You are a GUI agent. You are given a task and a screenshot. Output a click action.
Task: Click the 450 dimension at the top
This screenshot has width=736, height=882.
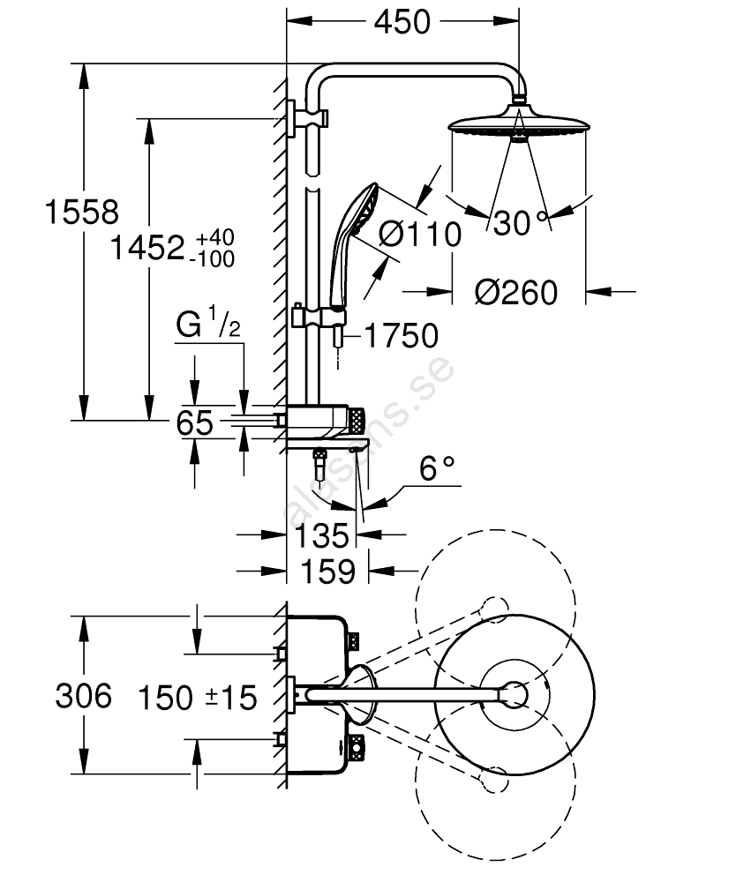point(402,21)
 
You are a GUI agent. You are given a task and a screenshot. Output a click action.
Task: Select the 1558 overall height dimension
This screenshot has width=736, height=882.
point(81,213)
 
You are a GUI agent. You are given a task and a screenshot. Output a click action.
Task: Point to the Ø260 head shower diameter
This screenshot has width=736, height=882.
point(516,290)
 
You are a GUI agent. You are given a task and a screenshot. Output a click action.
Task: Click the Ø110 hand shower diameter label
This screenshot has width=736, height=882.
point(420,235)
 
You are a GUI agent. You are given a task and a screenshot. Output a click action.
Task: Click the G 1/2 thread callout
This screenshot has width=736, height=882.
point(208,327)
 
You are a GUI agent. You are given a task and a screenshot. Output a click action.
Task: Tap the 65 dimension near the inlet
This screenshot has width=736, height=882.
point(195,423)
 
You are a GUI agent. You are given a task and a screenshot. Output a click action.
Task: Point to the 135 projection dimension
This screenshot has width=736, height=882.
point(323,535)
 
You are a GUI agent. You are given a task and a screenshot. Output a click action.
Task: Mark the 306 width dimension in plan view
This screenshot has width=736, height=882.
point(84,697)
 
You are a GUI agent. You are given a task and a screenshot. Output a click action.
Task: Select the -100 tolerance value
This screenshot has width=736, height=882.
point(214,258)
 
